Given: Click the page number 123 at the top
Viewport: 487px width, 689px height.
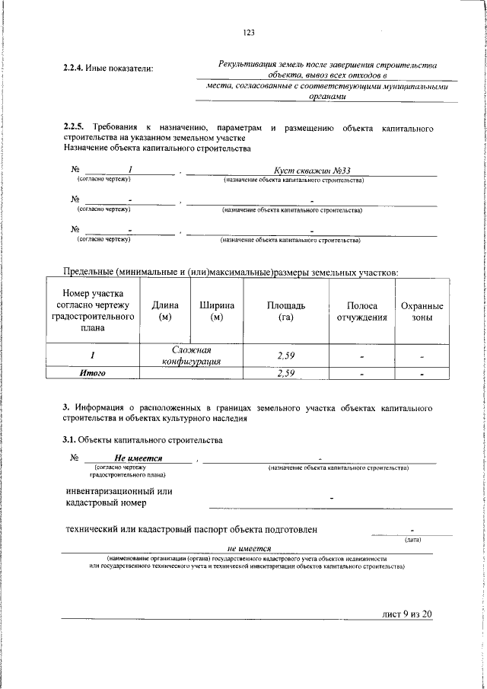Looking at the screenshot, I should point(248,31).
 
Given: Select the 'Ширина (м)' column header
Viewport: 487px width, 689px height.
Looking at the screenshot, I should point(217,311).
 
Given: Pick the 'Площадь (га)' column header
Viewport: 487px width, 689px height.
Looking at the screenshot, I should point(286,311).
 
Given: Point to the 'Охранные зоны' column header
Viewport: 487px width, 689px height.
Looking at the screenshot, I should point(422,311).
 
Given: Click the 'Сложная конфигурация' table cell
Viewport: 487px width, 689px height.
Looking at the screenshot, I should point(190,356).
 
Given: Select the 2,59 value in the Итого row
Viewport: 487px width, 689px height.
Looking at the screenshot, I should point(286,373).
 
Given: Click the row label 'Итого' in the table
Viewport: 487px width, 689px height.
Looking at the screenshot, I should point(92,373).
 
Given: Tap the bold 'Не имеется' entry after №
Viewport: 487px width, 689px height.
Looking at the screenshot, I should point(142,458).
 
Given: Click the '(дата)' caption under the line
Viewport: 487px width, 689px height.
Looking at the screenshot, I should point(413,540).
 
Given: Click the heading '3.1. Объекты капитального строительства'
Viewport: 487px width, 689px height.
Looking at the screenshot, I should point(142,440).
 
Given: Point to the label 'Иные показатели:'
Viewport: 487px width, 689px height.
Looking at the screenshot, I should point(123,69).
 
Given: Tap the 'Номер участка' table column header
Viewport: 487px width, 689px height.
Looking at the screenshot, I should point(92,311).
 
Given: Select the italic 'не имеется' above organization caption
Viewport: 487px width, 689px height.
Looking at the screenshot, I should point(250,548).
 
